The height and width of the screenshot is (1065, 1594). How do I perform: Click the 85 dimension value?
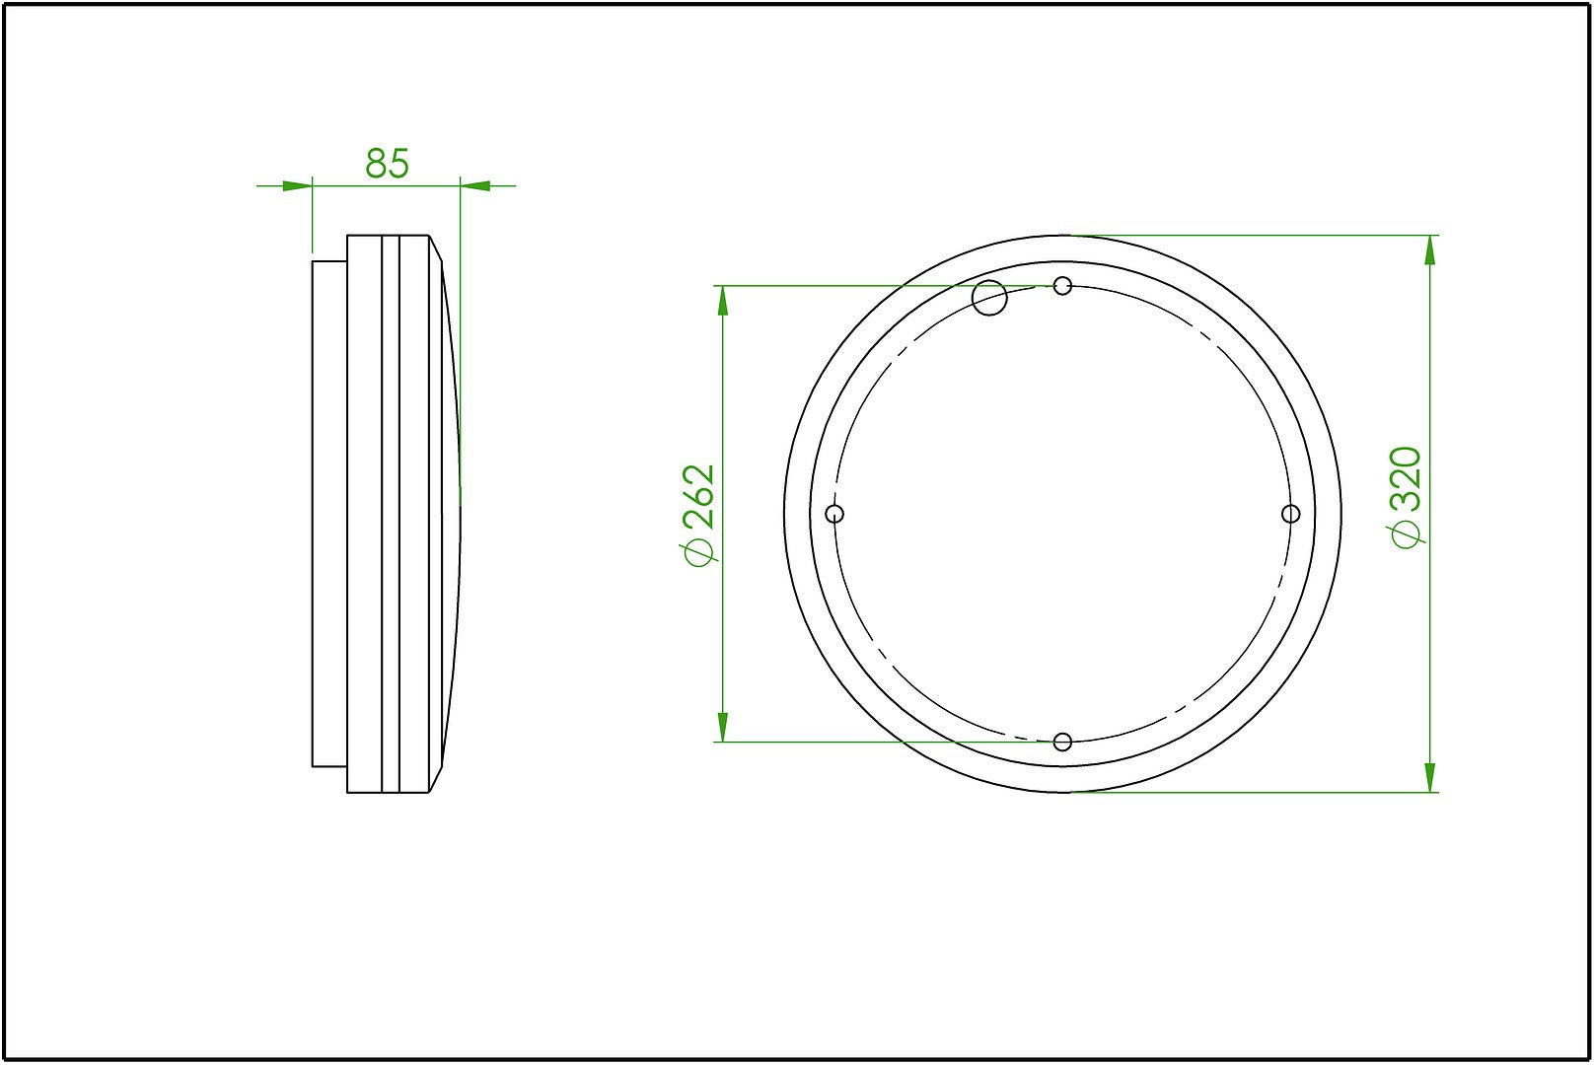point(387,164)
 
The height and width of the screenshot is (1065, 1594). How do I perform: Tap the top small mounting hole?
point(1062,286)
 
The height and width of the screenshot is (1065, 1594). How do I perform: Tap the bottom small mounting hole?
point(1062,742)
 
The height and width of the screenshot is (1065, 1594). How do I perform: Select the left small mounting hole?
point(834,514)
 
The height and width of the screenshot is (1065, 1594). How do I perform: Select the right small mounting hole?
point(1290,514)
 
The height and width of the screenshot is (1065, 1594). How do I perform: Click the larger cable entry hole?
point(989,297)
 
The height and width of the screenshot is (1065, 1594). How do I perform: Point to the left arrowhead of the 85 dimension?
point(297,184)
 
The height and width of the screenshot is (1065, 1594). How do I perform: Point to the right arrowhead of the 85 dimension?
point(475,184)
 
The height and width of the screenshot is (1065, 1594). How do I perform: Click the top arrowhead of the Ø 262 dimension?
point(723,301)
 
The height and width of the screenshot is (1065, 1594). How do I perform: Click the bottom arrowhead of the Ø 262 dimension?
point(723,727)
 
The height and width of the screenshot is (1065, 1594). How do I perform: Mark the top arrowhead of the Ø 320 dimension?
point(1430,250)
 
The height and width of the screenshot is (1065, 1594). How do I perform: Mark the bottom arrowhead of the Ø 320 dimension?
point(1430,776)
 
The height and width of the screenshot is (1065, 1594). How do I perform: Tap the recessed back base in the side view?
point(329,513)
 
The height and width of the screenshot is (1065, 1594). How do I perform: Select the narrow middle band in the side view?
point(389,513)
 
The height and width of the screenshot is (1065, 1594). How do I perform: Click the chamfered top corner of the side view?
point(436,248)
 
